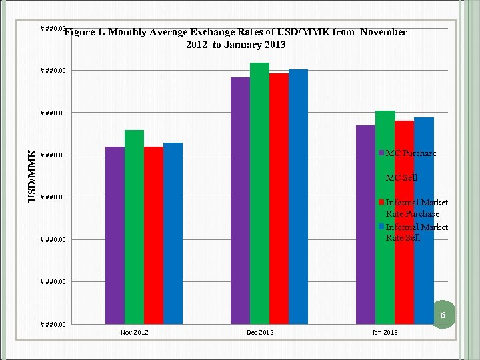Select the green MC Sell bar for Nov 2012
coord(134,227)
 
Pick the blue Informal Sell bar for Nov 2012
coord(173,233)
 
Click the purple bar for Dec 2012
coord(240,200)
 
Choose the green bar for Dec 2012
coord(259,193)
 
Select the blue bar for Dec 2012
coord(298,196)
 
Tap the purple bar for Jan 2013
coord(365,224)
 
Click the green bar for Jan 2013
coord(385,217)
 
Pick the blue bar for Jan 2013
coord(423,220)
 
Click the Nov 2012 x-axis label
coord(135,332)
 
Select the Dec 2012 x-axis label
coord(260,332)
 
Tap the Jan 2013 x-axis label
coord(385,332)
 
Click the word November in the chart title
coord(383,32)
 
